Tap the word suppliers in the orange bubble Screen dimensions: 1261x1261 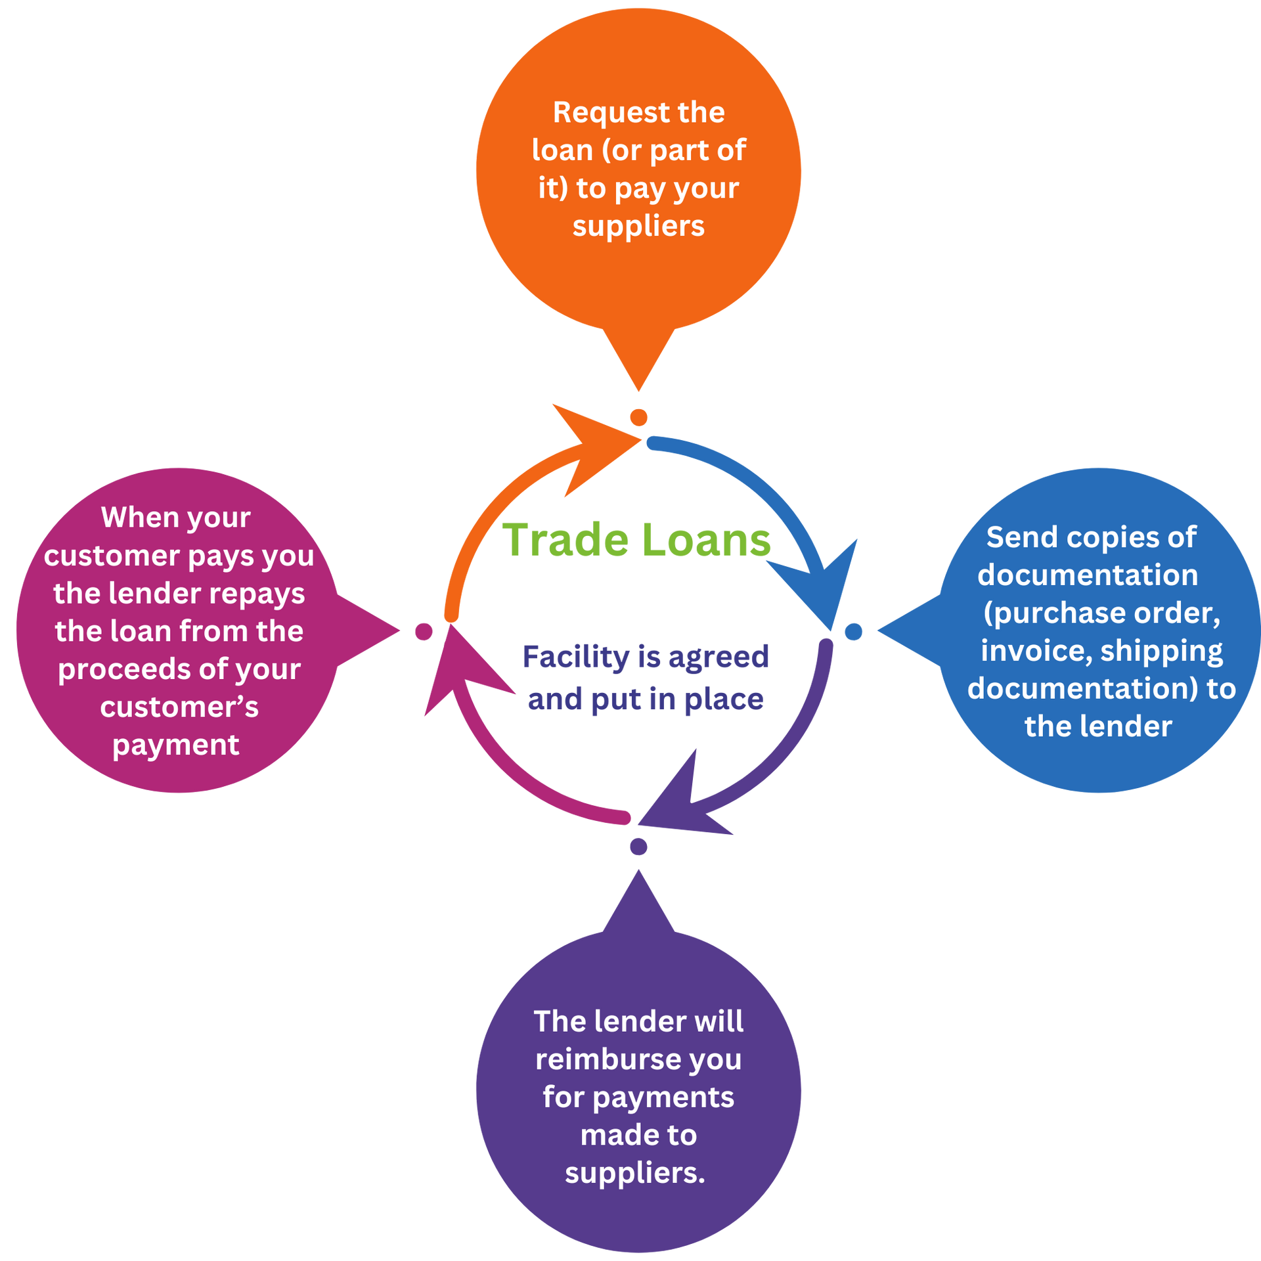click(x=638, y=226)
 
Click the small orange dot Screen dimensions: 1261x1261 click(x=638, y=417)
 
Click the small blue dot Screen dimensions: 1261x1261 click(x=853, y=632)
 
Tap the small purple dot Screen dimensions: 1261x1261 click(x=638, y=846)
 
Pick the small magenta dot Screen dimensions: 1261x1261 click(x=424, y=632)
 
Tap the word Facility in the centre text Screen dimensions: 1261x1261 click(x=575, y=656)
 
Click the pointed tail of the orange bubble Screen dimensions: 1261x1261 click(x=638, y=368)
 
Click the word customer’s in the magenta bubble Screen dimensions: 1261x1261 click(x=179, y=707)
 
